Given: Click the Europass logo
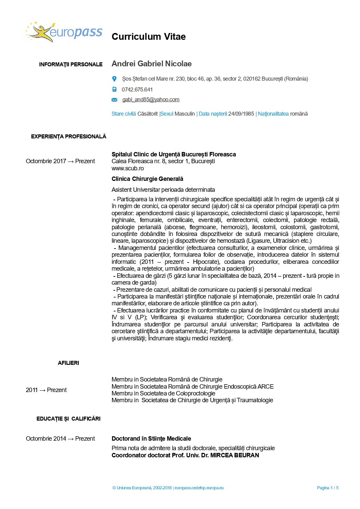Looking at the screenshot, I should point(64,32).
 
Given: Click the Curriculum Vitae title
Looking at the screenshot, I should point(148,37).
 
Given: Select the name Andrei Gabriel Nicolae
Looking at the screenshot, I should point(151,64).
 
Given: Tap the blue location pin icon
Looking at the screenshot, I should point(114,79).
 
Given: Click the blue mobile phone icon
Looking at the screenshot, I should point(114,89).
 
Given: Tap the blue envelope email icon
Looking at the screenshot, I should point(114,100).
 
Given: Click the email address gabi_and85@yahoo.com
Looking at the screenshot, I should point(151,100).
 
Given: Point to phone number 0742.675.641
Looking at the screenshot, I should point(137,90).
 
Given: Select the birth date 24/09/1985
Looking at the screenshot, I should point(241,114).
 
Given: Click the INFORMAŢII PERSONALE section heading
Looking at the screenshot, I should point(71,65).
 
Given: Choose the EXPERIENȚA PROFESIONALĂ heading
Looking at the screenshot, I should point(69,137).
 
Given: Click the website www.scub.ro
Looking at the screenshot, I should point(128,168).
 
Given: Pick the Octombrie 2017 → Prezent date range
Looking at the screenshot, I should point(60,161).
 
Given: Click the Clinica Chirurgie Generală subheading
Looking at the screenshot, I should point(147,179).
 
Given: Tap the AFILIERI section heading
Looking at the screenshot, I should point(68,363).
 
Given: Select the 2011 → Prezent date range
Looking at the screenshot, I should point(46,390).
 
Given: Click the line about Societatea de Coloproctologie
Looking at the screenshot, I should point(163,393).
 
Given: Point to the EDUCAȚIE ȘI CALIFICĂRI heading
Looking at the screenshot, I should point(68,419).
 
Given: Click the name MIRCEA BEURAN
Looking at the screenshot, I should point(234,455).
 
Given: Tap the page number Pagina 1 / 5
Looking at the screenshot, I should point(328,488).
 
